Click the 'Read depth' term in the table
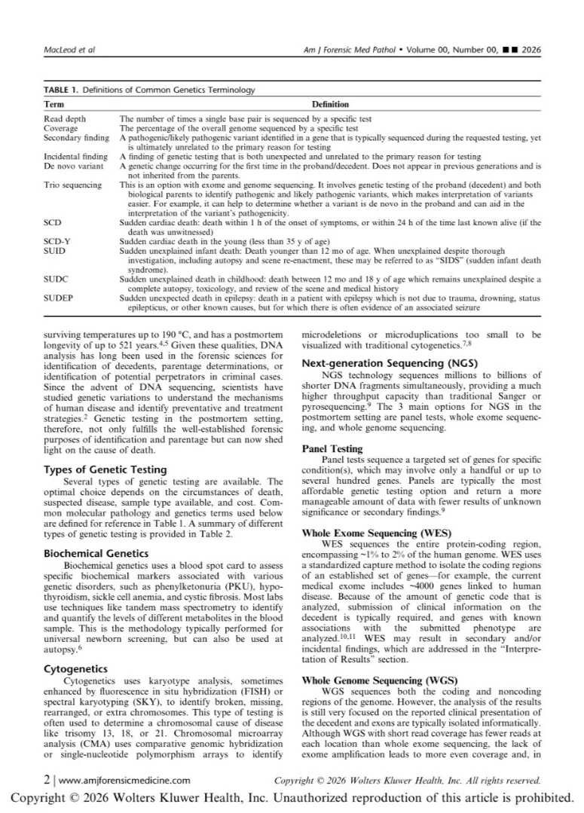(x=65, y=118)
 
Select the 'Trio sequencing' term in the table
(x=72, y=185)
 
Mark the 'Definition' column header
(x=330, y=105)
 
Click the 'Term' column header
(x=54, y=105)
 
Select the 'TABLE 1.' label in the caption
(x=60, y=90)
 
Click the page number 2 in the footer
(x=47, y=781)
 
